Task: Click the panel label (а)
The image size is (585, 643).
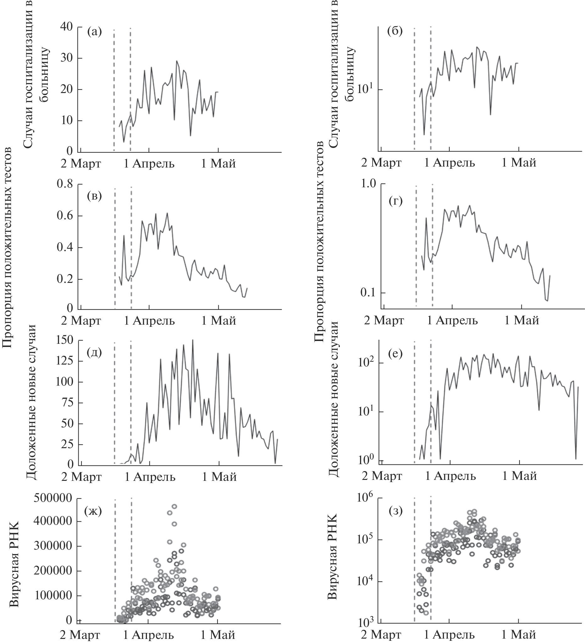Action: [94, 32]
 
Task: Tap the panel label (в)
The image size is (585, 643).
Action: [94, 196]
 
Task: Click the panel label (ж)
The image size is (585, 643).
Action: [93, 511]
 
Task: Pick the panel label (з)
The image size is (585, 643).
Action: [396, 511]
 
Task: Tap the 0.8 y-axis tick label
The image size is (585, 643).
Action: [65, 184]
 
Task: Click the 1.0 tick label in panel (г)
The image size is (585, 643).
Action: [368, 184]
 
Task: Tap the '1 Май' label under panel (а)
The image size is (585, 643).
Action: [218, 164]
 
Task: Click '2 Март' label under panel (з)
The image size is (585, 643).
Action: [381, 635]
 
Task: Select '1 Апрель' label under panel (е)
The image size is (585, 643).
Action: [451, 476]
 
